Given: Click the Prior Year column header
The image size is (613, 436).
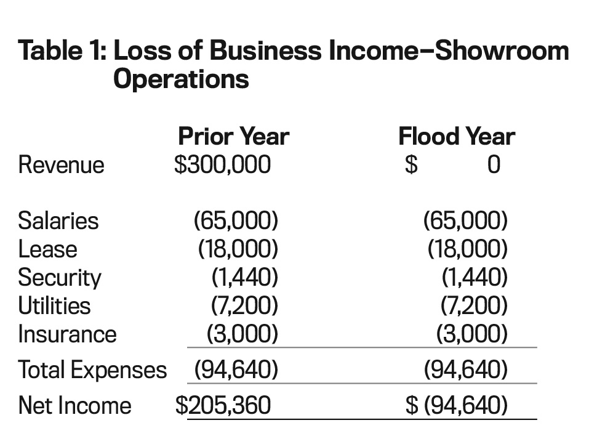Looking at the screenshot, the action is pos(233,137).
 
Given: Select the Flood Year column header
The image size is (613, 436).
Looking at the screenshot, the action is pos(457,137).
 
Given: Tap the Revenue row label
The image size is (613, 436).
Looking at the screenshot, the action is pos(62,164).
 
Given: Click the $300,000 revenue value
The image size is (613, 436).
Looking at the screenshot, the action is pos(222,164).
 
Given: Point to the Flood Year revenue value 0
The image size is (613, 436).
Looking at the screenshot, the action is pos(494,164).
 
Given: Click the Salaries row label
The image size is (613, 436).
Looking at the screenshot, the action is pos(58,220).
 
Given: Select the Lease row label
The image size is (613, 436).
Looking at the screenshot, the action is pos(47,249).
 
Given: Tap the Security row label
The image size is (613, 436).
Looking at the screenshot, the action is pos(60,278).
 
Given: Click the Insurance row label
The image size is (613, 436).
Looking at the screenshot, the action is pos(67,334).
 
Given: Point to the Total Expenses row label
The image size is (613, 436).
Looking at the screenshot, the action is pos(93,370).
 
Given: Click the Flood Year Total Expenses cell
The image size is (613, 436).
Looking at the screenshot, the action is pos(466,369).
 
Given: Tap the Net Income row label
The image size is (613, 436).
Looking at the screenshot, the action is pos(74,405).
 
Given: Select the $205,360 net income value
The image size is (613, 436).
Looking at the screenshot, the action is pos(223,405).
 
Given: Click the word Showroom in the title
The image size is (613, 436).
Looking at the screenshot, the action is pos(502,51).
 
